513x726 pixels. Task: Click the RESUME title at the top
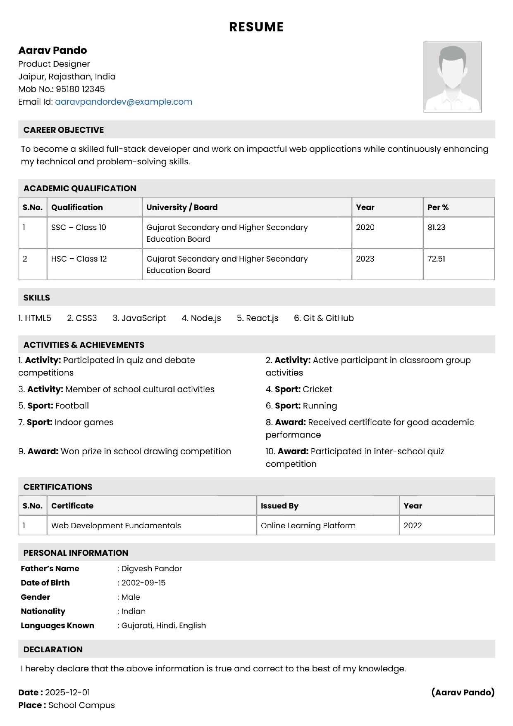click(256, 27)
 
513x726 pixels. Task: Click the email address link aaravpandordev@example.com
click(124, 102)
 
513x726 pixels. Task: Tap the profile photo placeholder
click(452, 77)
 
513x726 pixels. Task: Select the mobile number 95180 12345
click(80, 89)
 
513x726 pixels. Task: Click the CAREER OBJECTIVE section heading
click(64, 130)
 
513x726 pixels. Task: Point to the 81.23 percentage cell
click(437, 227)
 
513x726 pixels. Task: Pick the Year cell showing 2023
click(365, 259)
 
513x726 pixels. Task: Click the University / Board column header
click(182, 207)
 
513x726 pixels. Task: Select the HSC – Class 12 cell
click(79, 259)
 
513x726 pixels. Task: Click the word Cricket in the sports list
click(317, 389)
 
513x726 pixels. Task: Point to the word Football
click(72, 406)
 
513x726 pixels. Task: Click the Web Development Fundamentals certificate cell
click(116, 525)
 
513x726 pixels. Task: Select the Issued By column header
click(279, 506)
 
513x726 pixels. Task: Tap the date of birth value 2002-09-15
click(143, 583)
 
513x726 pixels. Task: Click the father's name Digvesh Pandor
click(151, 569)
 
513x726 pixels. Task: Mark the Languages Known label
click(57, 625)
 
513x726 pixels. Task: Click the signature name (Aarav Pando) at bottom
click(463, 692)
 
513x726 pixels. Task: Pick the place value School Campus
click(81, 705)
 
